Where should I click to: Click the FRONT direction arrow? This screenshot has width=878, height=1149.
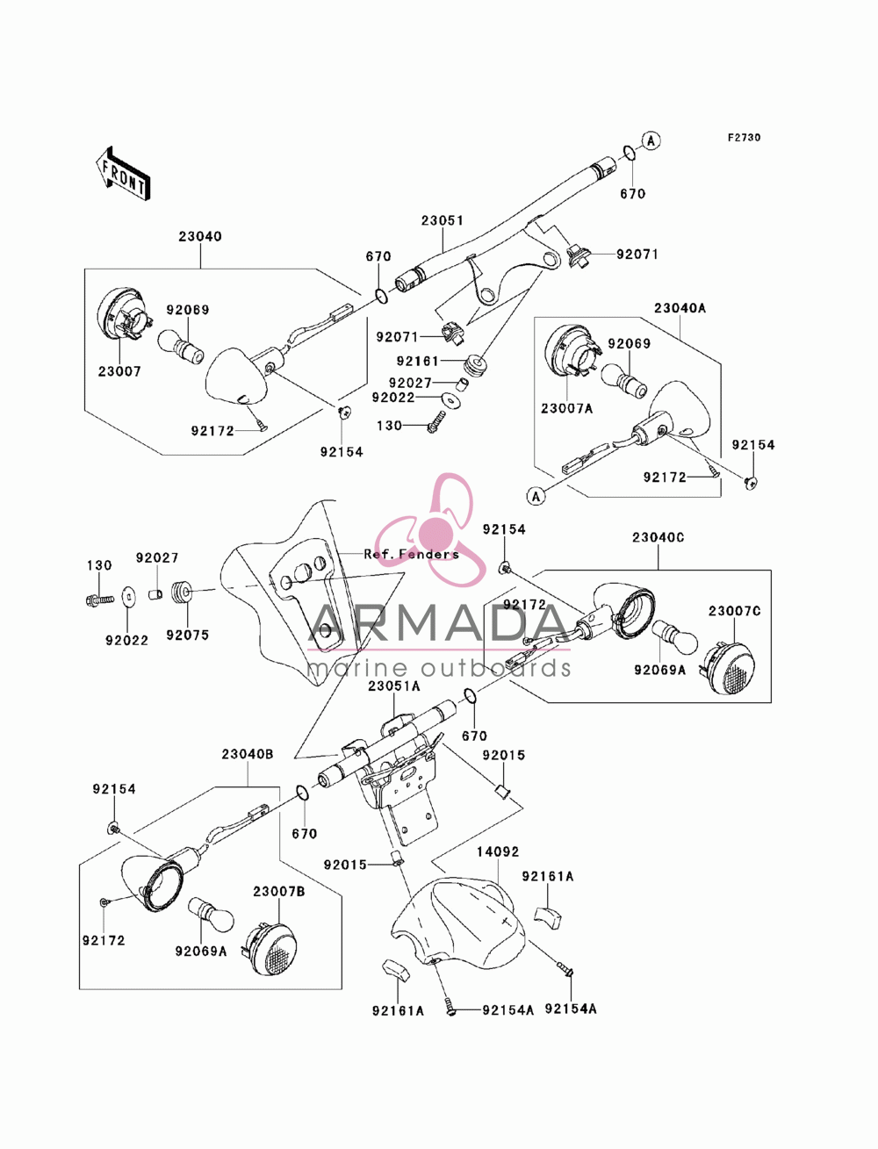(x=123, y=173)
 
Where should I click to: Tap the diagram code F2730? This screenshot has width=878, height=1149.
(x=744, y=138)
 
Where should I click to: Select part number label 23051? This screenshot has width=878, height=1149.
(x=443, y=220)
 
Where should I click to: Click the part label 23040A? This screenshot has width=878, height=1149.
(x=680, y=308)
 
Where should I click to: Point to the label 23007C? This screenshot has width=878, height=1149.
(x=735, y=611)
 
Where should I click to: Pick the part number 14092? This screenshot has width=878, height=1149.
(x=497, y=851)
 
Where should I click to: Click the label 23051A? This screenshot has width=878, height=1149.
(x=393, y=686)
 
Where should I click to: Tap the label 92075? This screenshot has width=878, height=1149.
(x=187, y=635)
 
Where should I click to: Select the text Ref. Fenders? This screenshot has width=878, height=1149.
(x=412, y=554)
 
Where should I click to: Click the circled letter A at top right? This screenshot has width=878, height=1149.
(x=651, y=140)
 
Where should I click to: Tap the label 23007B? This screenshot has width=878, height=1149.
(x=278, y=892)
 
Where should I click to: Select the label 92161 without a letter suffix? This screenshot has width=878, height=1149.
(x=418, y=361)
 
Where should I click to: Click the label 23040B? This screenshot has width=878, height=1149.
(x=247, y=754)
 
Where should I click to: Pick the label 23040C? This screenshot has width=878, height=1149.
(x=658, y=537)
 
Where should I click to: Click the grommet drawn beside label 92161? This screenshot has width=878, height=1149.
(x=475, y=365)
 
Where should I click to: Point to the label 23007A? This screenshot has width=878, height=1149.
(x=567, y=408)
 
